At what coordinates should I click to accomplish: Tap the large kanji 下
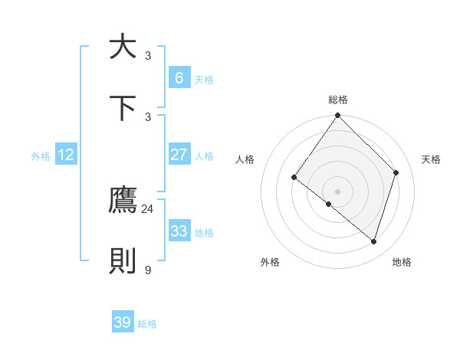123,107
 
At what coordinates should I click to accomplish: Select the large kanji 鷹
123,200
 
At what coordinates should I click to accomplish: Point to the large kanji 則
123,261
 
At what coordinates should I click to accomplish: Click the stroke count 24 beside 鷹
147,209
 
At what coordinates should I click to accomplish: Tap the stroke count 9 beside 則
148,270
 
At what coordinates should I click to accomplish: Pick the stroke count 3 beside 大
148,55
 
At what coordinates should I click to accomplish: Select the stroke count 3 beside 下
148,116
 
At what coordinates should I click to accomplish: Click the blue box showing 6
179,77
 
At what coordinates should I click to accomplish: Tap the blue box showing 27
179,154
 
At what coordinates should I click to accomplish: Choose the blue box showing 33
179,231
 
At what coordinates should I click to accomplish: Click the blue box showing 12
66,155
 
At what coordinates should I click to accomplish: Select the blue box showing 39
122,322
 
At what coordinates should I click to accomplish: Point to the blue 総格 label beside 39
147,324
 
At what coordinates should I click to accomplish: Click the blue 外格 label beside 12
41,155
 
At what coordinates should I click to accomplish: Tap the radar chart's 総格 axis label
338,100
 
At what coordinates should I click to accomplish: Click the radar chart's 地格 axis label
402,262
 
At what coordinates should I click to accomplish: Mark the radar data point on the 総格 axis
338,116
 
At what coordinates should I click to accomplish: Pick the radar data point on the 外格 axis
329,204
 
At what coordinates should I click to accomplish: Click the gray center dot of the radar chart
338,191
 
